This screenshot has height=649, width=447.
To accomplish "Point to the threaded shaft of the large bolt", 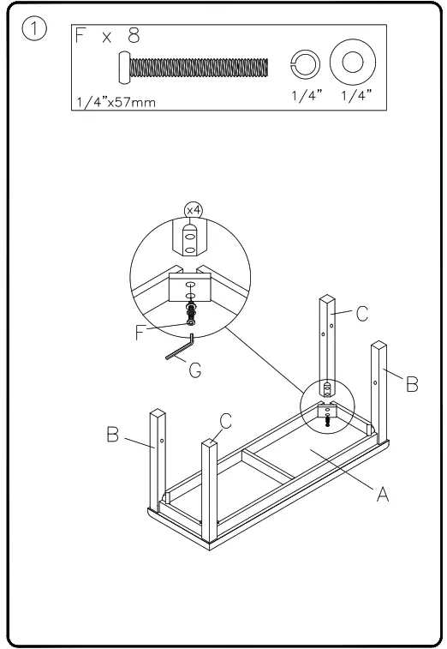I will [197, 67].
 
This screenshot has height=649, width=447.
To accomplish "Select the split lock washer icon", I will [305, 66].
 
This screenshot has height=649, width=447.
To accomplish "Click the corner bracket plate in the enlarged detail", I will [191, 288].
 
